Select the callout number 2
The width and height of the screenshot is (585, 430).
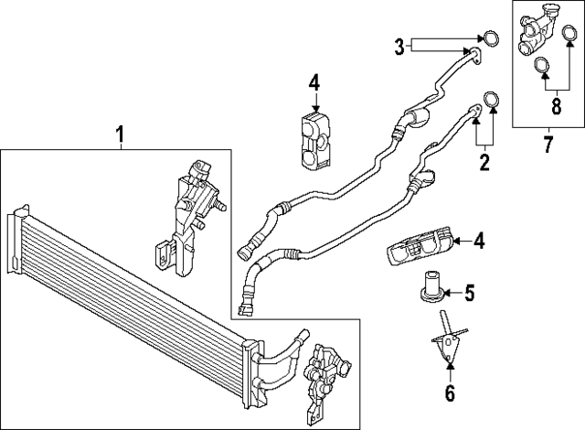[x=484, y=165]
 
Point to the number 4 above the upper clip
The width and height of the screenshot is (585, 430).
[x=314, y=84]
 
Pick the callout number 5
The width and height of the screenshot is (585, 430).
[x=469, y=294]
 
